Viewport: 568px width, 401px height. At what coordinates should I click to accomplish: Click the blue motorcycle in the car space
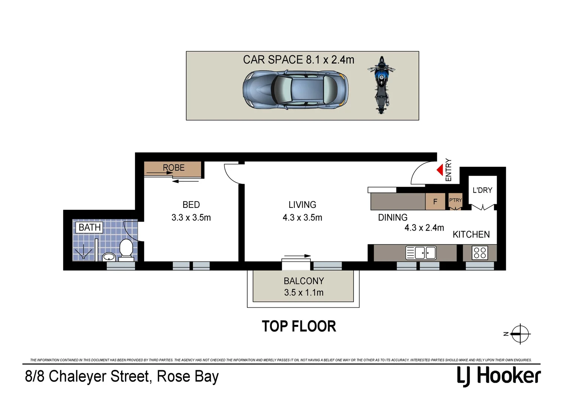pos(381,85)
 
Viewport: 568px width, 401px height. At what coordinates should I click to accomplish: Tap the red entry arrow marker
pos(440,170)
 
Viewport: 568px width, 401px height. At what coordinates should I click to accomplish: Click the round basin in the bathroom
pos(109,256)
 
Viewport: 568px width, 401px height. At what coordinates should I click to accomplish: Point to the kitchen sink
pos(421,253)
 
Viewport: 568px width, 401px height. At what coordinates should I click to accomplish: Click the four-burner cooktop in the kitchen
pos(480,253)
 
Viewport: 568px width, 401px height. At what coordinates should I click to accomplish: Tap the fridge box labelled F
pos(435,202)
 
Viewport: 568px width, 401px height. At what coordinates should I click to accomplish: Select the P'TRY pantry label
pos(455,200)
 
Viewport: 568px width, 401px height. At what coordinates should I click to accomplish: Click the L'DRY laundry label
pos(482,190)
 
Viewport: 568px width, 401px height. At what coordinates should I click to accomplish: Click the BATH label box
pos(90,227)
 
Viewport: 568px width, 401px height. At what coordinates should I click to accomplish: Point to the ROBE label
pos(174,168)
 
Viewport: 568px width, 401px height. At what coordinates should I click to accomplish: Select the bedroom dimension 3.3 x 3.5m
pos(191,218)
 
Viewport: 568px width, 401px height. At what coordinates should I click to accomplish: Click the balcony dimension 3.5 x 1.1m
pos(304,293)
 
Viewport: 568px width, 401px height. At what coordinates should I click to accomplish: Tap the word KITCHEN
pos(471,235)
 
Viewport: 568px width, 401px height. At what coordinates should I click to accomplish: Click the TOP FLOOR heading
pos(299,326)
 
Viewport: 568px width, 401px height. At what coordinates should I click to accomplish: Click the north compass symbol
pos(520,334)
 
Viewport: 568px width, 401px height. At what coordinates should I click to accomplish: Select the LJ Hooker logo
pos(498,376)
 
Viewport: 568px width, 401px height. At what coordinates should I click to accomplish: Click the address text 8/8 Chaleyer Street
pos(87,376)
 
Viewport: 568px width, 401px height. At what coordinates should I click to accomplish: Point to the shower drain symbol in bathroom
pos(84,257)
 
